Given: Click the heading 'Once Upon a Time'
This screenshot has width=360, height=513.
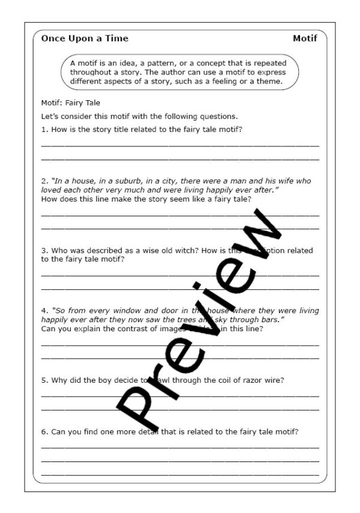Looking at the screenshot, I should click(x=85, y=38).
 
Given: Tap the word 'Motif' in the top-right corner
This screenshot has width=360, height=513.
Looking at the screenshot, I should click(x=305, y=38).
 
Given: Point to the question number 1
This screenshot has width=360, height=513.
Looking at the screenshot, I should click(x=44, y=129).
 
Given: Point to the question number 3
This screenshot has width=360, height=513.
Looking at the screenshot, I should click(x=44, y=251).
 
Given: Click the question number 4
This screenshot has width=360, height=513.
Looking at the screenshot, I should click(x=44, y=311).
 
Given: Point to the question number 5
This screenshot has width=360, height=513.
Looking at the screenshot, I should click(x=44, y=380).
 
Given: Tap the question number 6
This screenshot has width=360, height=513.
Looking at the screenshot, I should click(x=44, y=431).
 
